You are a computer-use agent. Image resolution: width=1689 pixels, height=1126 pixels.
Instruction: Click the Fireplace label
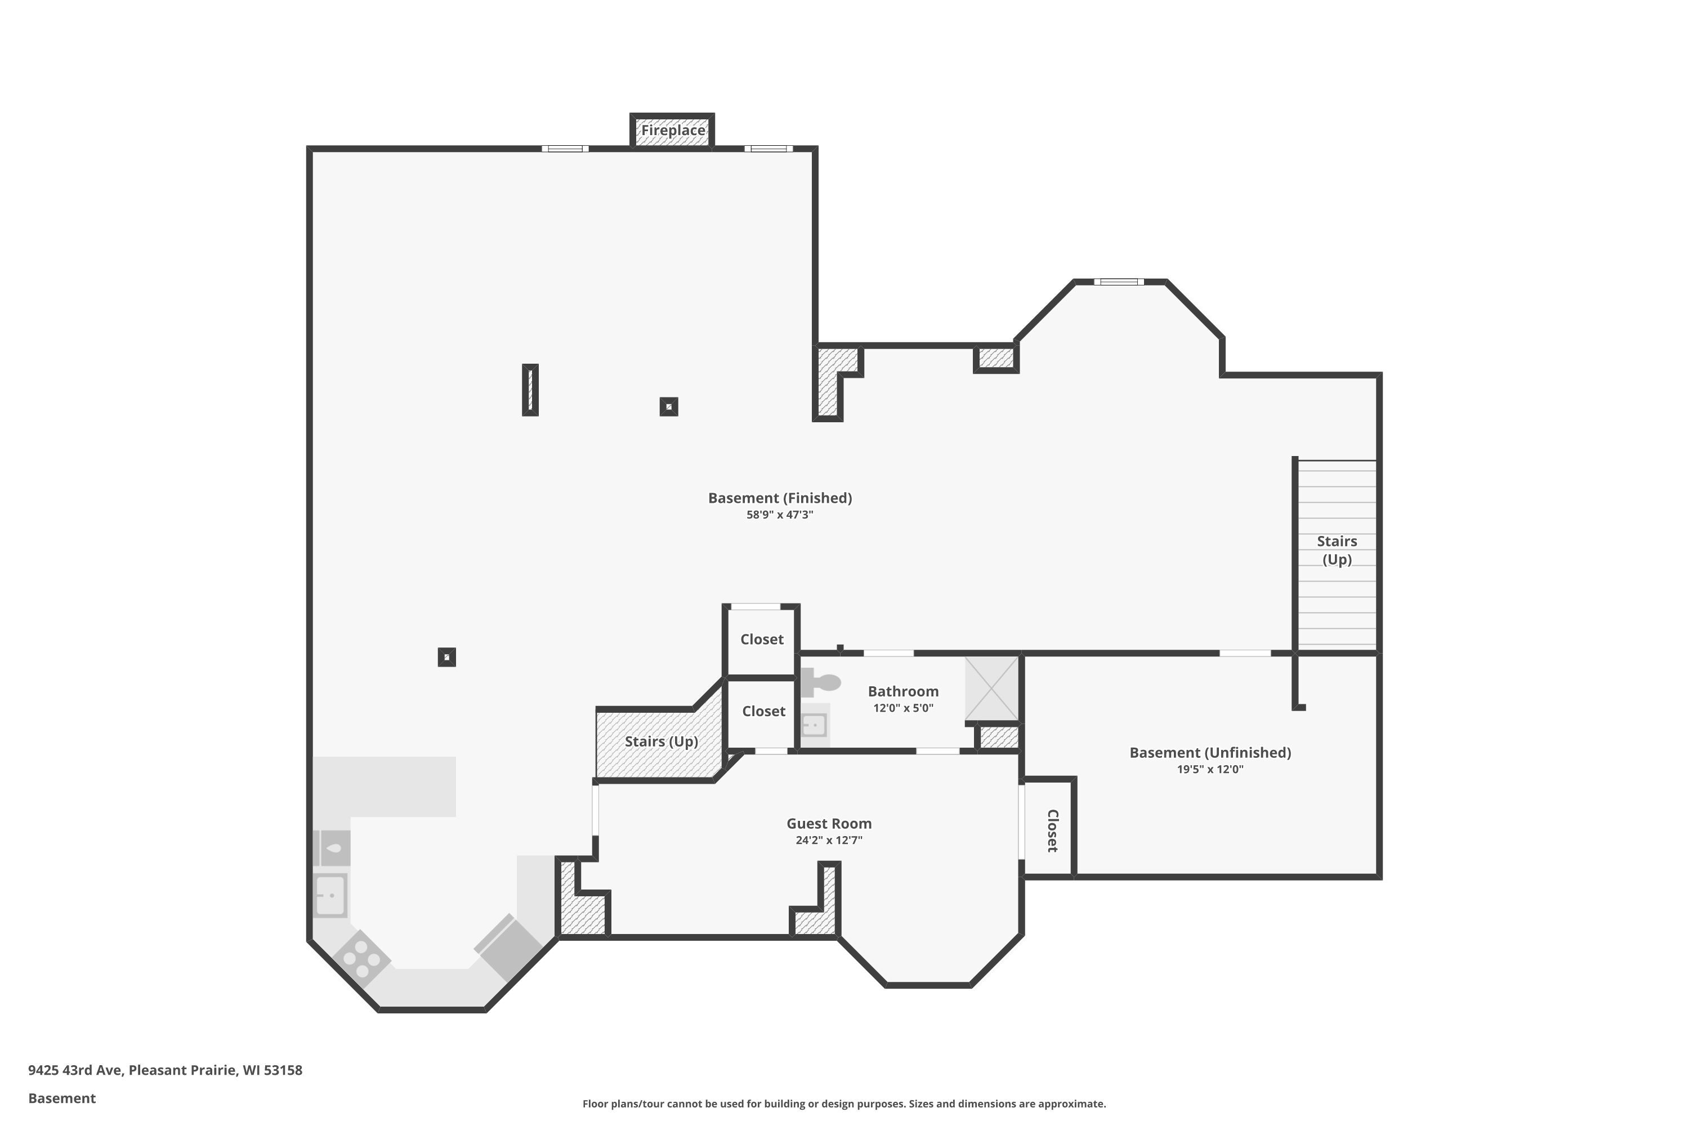pyautogui.click(x=673, y=130)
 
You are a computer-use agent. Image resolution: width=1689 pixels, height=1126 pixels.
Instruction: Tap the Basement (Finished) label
pyautogui.click(x=780, y=498)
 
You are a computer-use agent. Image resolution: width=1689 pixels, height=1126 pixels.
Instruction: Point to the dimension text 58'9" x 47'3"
pyautogui.click(x=780, y=515)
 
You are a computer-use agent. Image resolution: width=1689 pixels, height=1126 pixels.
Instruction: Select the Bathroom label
pyautogui.click(x=902, y=691)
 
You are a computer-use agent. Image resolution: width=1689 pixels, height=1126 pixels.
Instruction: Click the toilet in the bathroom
pyautogui.click(x=820, y=681)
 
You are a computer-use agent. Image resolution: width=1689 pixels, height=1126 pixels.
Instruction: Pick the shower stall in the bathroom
pyautogui.click(x=991, y=688)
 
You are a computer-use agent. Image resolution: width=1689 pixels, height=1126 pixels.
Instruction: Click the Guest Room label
pyautogui.click(x=829, y=824)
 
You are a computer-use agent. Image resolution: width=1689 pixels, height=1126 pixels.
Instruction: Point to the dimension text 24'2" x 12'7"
pyautogui.click(x=829, y=840)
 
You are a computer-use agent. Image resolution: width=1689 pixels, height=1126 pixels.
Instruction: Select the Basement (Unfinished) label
pyautogui.click(x=1210, y=753)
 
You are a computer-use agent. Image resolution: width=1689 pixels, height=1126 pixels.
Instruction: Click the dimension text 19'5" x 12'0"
pyautogui.click(x=1210, y=769)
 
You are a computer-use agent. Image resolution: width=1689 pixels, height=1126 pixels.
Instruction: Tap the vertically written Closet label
pyautogui.click(x=1053, y=831)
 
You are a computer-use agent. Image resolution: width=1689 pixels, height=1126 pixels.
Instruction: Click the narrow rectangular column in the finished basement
pyautogui.click(x=530, y=390)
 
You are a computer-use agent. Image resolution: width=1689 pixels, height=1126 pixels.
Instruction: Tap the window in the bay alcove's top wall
pyautogui.click(x=1119, y=281)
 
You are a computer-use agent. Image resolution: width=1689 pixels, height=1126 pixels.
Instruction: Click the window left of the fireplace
pyautogui.click(x=565, y=149)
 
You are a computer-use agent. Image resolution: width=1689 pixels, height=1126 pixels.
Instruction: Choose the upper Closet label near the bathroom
pyautogui.click(x=762, y=639)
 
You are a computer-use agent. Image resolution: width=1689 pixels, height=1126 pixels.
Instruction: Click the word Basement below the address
pyautogui.click(x=62, y=1098)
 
